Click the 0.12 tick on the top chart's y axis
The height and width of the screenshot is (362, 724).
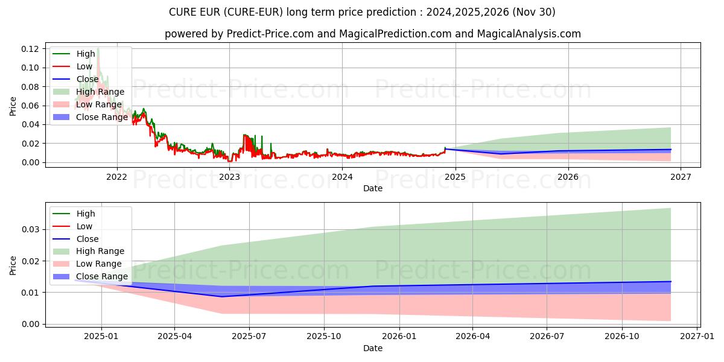click(31, 49)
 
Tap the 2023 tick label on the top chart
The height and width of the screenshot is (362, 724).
click(229, 177)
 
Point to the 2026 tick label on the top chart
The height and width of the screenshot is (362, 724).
click(568, 177)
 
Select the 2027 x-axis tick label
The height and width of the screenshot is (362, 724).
click(681, 177)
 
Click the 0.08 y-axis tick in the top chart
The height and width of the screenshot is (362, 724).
click(31, 87)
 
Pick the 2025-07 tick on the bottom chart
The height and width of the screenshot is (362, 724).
click(249, 337)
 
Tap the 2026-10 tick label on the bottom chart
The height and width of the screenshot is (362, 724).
click(621, 337)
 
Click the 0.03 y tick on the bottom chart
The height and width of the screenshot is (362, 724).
click(31, 230)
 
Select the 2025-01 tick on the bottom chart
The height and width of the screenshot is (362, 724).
click(101, 337)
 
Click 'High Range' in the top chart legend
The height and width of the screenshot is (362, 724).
click(100, 92)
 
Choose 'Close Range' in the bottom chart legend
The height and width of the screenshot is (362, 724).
click(101, 276)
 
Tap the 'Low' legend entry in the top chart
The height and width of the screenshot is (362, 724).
click(84, 66)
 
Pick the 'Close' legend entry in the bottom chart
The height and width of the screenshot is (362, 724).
click(87, 239)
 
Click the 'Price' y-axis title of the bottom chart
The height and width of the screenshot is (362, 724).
click(13, 265)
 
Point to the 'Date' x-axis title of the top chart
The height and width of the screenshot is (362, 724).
click(372, 188)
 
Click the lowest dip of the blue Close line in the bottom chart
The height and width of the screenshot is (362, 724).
click(221, 296)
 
